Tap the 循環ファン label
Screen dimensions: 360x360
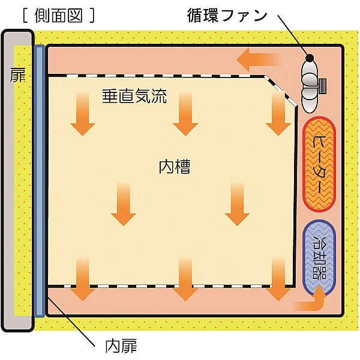[227, 15]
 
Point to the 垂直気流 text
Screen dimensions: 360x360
[134, 95]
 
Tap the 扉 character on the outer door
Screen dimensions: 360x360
[18, 76]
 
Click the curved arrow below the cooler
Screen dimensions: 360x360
[312, 301]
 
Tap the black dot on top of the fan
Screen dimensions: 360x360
[311, 58]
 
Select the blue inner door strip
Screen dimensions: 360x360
[40, 180]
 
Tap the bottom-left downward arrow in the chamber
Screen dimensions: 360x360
[82, 279]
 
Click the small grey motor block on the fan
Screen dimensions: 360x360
[323, 85]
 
